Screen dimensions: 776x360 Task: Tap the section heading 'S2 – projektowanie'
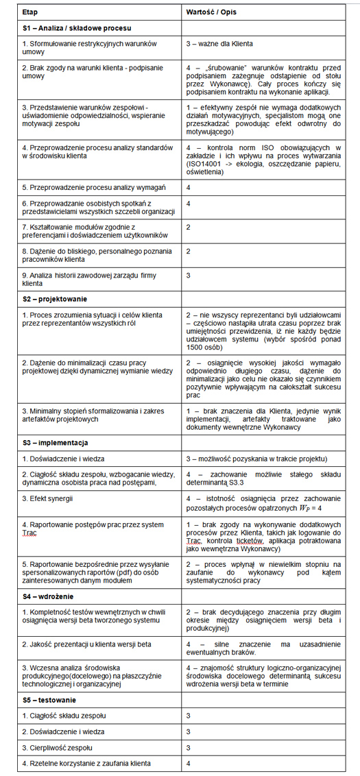[x=55, y=299]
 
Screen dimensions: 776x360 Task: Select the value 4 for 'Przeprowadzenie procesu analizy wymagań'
[x=189, y=186]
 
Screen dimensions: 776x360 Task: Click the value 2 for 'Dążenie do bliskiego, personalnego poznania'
[x=189, y=252]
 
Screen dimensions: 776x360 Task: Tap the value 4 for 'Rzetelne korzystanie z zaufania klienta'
[x=189, y=762]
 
